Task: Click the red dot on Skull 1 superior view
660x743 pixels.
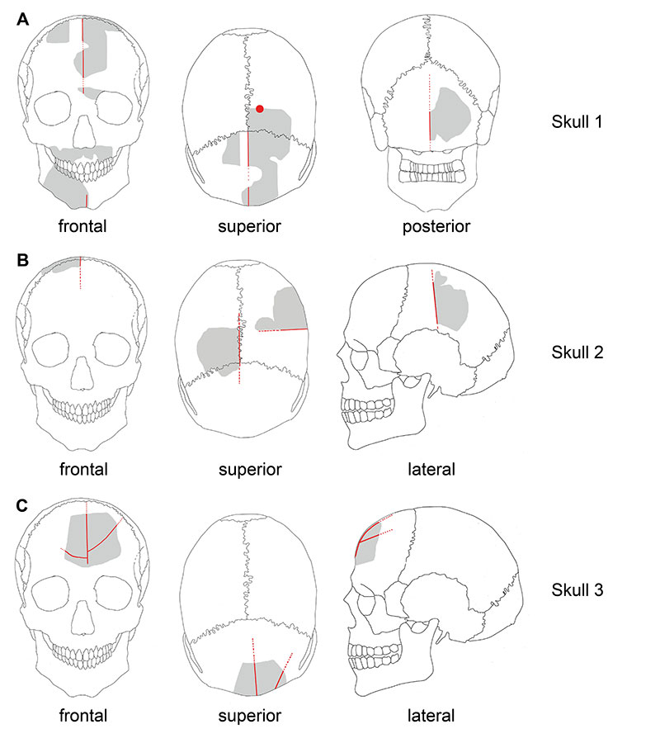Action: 259,109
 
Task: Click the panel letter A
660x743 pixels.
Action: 23,20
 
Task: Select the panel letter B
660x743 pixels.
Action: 22,260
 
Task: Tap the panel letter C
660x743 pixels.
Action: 21,505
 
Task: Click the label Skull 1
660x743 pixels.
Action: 577,122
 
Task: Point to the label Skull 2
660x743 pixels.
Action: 577,353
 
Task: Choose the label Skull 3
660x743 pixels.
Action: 577,590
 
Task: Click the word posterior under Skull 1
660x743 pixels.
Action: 436,226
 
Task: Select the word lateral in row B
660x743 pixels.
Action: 431,469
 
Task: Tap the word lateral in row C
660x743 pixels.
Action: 431,716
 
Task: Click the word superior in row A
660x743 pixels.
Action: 249,226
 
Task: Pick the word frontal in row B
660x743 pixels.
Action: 83,469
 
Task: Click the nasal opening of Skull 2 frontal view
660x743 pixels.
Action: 82,374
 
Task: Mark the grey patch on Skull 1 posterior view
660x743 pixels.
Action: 450,115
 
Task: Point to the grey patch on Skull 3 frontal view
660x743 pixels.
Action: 92,539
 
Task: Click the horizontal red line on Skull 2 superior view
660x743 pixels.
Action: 283,329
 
